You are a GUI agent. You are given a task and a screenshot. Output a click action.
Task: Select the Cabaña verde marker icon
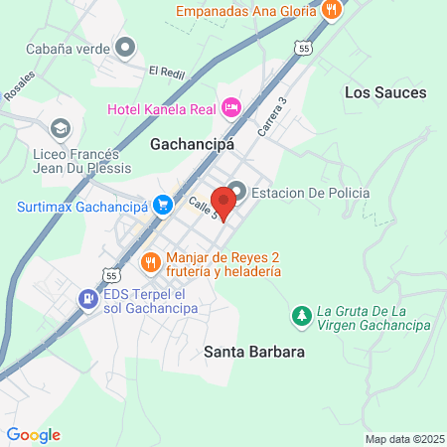(x=125, y=46)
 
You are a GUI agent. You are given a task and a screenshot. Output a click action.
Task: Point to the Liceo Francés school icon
(x=60, y=128)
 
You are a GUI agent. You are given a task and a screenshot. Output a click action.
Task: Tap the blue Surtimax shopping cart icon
(x=157, y=207)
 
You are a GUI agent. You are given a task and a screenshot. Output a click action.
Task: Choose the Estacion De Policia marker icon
(x=237, y=192)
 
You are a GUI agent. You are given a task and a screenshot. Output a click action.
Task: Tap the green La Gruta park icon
(x=300, y=316)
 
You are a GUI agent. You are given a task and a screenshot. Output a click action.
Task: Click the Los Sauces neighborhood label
(x=384, y=92)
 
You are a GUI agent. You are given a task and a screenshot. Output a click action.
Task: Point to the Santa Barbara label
(x=253, y=352)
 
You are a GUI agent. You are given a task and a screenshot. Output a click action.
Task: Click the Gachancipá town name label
(x=192, y=144)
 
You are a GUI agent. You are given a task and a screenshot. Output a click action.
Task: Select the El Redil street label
(x=167, y=71)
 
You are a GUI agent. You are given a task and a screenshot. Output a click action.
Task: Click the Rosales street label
(x=19, y=87)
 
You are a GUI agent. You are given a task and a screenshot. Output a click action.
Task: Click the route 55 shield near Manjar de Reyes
(x=112, y=272)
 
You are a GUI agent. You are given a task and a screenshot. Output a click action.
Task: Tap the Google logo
(x=33, y=434)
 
